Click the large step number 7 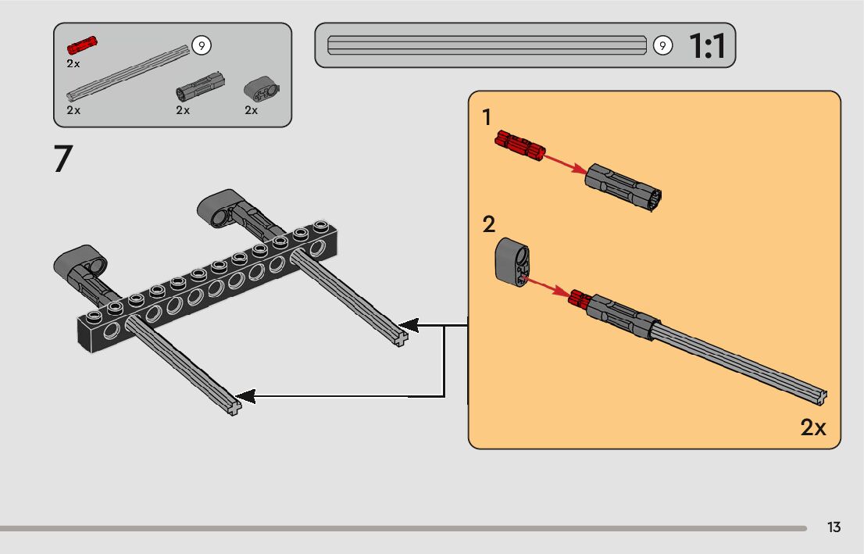pyautogui.click(x=63, y=159)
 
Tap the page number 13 pyautogui.click(x=834, y=527)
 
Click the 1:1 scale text pyautogui.click(x=708, y=46)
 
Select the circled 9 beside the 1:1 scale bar pyautogui.click(x=663, y=45)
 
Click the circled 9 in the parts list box pyautogui.click(x=202, y=45)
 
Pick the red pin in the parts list pyautogui.click(x=82, y=45)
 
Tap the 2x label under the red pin pyautogui.click(x=73, y=64)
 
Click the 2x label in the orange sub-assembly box pyautogui.click(x=812, y=427)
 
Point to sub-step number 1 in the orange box pyautogui.click(x=486, y=117)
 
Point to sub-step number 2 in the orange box pyautogui.click(x=489, y=224)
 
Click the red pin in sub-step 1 pyautogui.click(x=519, y=145)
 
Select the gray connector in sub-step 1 pyautogui.click(x=623, y=188)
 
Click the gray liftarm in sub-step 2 pyautogui.click(x=512, y=262)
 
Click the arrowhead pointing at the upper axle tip pyautogui.click(x=409, y=326)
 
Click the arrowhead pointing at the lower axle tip pyautogui.click(x=245, y=396)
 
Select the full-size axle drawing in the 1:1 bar pyautogui.click(x=487, y=45)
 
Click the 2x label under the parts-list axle pyautogui.click(x=73, y=110)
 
